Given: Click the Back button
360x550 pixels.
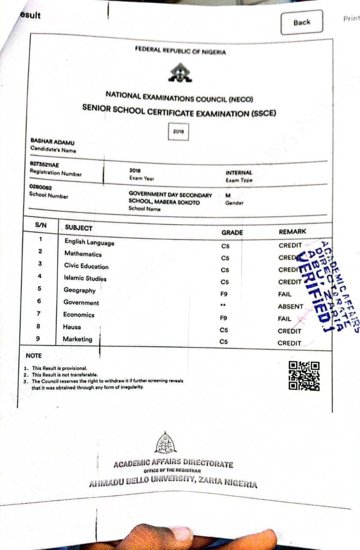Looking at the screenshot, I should (x=302, y=22).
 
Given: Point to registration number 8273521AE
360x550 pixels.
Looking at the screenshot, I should (x=44, y=165).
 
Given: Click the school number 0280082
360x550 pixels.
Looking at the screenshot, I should (x=40, y=187).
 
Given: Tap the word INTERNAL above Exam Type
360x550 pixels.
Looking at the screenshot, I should (x=239, y=173).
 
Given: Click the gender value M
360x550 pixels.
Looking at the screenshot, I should (x=228, y=196).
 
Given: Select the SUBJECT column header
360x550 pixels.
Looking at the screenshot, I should (x=78, y=228).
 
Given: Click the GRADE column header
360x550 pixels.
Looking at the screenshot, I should (x=232, y=232).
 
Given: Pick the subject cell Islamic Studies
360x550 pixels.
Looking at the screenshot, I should (x=85, y=278).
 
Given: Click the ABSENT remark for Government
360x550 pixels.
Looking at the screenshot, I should (x=290, y=307).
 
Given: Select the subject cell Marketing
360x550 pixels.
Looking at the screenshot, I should (x=77, y=339).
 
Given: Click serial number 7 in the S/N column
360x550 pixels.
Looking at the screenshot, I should (x=39, y=314).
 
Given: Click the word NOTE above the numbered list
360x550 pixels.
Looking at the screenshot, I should (x=34, y=356).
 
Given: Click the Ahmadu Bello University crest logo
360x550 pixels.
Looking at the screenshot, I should (x=165, y=443).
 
